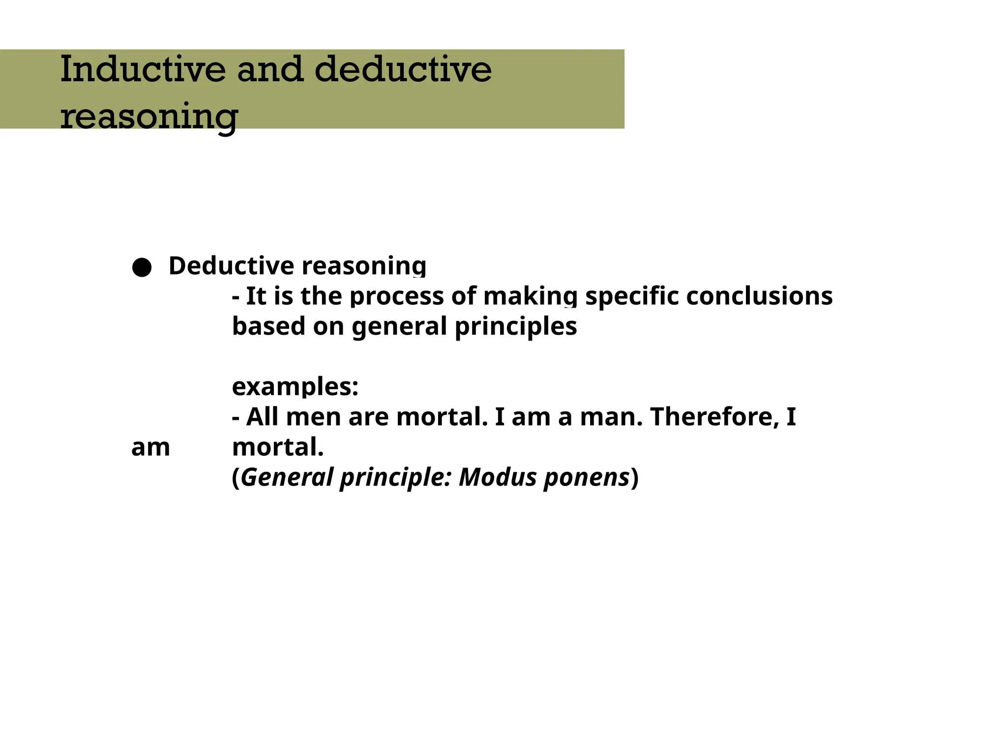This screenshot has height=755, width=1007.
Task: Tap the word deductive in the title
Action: (403, 69)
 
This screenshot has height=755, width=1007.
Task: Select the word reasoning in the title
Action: (149, 116)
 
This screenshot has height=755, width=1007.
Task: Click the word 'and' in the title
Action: (270, 69)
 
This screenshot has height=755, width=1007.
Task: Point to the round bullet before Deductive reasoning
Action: (142, 267)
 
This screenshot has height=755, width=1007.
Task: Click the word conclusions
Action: (759, 296)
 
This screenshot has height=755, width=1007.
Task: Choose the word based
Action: (268, 326)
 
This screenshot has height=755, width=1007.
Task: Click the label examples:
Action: (295, 387)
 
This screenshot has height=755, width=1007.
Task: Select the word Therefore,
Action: (715, 417)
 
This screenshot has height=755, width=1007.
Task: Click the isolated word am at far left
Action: (150, 448)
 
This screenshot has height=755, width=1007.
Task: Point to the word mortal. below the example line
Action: (278, 447)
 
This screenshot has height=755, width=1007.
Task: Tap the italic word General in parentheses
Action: (287, 477)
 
